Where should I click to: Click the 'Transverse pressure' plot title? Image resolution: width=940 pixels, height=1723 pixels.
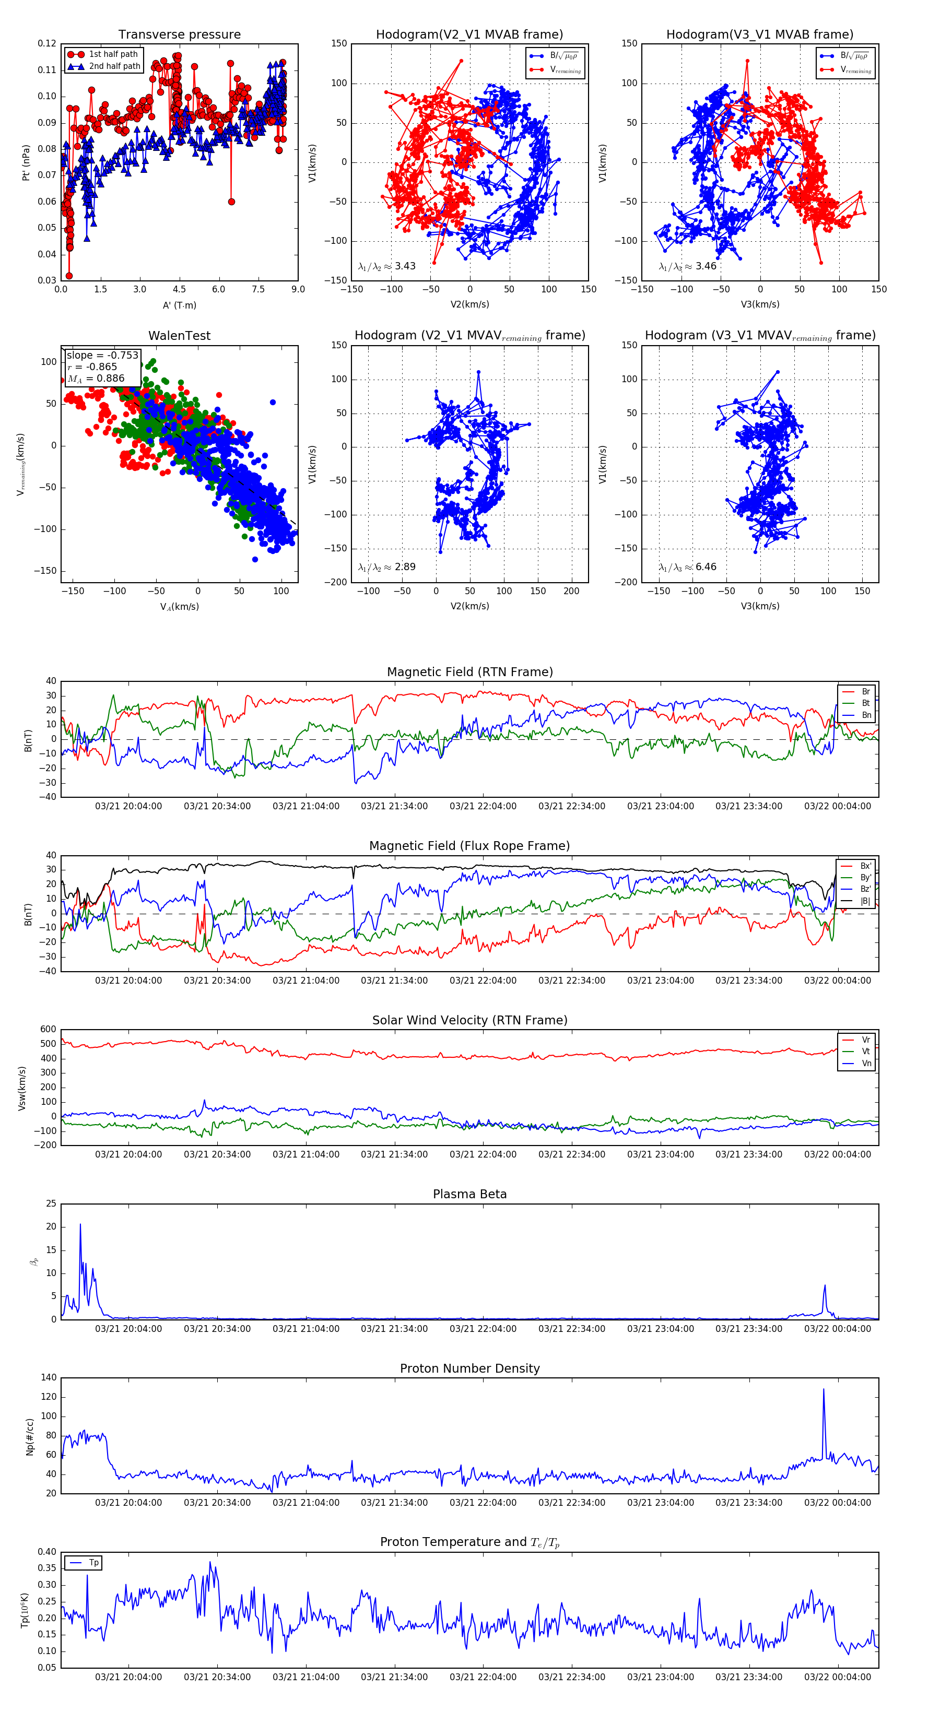tap(179, 35)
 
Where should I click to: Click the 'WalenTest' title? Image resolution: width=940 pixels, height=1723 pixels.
tap(179, 336)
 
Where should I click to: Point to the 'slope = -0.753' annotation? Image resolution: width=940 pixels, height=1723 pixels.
tap(102, 355)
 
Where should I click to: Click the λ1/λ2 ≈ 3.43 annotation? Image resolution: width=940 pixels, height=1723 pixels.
tap(386, 266)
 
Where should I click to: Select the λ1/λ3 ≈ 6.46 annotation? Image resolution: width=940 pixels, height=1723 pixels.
tap(687, 567)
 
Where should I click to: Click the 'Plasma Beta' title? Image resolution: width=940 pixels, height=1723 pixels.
tap(469, 1194)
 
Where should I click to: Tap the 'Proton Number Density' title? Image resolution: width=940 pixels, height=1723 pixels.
tap(469, 1368)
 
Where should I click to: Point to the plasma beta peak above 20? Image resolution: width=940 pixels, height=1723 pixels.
tap(80, 1225)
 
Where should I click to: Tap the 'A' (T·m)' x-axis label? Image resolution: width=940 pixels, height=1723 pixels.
tap(179, 305)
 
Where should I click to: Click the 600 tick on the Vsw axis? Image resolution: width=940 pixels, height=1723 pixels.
tap(48, 1030)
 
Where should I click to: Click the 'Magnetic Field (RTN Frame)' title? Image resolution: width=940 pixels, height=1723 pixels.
tap(469, 672)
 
